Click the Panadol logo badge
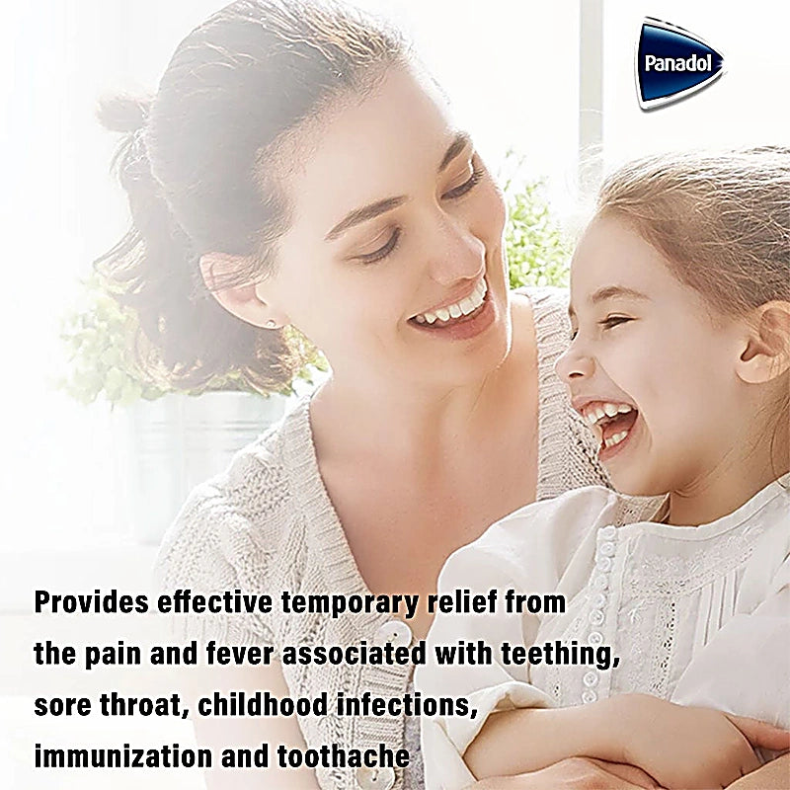coord(679,62)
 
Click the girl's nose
coord(572,365)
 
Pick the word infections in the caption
coord(408,706)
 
